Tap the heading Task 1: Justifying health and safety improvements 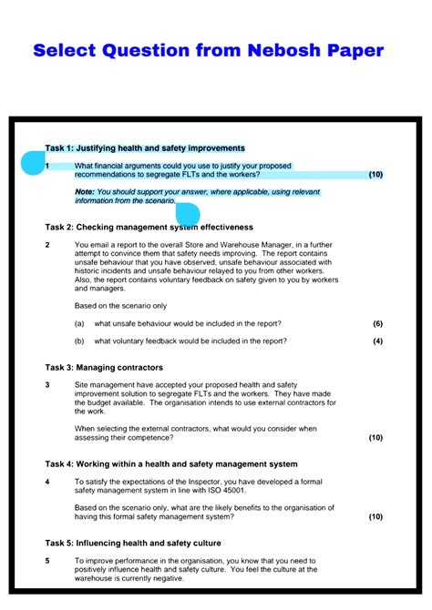(x=145, y=147)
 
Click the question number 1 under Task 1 (x=47, y=166)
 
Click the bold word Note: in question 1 (x=84, y=192)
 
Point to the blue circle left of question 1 (x=33, y=165)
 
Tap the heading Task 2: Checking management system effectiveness (x=149, y=227)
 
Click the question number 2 (x=47, y=245)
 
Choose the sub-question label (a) (x=79, y=323)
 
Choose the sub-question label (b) (x=79, y=341)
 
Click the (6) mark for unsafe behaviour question (x=377, y=323)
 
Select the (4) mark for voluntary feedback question (x=377, y=341)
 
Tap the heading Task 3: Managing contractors (x=104, y=367)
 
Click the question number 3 (x=47, y=385)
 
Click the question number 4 (x=47, y=481)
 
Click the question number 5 (x=47, y=561)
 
